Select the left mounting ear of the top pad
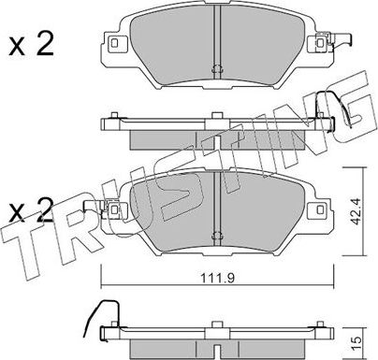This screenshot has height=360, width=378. tap(116, 43)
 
